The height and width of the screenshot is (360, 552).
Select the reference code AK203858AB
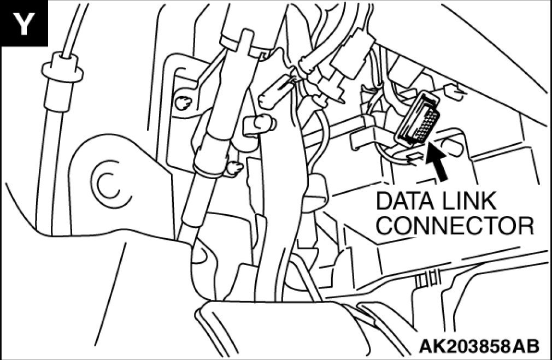pyautogui.click(x=479, y=345)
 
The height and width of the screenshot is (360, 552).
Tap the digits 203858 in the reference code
pyautogui.click(x=473, y=345)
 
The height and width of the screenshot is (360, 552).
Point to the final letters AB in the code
pyautogui.click(x=527, y=345)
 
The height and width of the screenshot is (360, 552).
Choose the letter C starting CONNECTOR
pyautogui.click(x=385, y=225)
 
